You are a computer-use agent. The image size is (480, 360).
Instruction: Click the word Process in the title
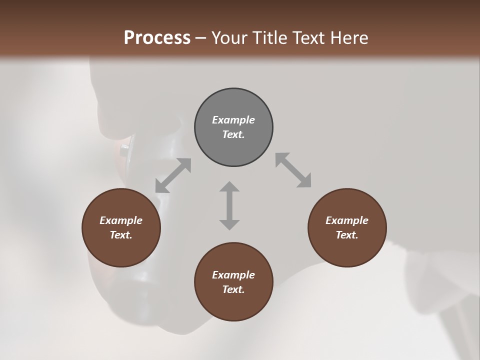click(157, 38)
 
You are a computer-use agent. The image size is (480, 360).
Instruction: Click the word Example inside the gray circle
click(233, 120)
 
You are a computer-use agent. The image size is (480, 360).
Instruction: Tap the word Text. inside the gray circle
click(233, 134)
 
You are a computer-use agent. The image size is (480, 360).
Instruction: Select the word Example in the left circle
click(121, 220)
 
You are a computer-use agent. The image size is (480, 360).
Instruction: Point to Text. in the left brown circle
click(121, 235)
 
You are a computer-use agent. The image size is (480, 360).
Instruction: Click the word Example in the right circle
click(347, 220)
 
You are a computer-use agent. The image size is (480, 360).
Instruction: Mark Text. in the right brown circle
click(347, 235)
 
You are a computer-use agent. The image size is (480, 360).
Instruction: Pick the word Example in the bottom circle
click(233, 275)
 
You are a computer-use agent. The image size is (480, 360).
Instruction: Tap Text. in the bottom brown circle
click(233, 289)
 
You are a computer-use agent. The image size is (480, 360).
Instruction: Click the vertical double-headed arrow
click(229, 205)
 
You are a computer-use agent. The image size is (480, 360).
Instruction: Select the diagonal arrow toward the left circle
click(173, 175)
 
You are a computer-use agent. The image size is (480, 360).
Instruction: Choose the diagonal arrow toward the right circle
click(293, 170)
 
